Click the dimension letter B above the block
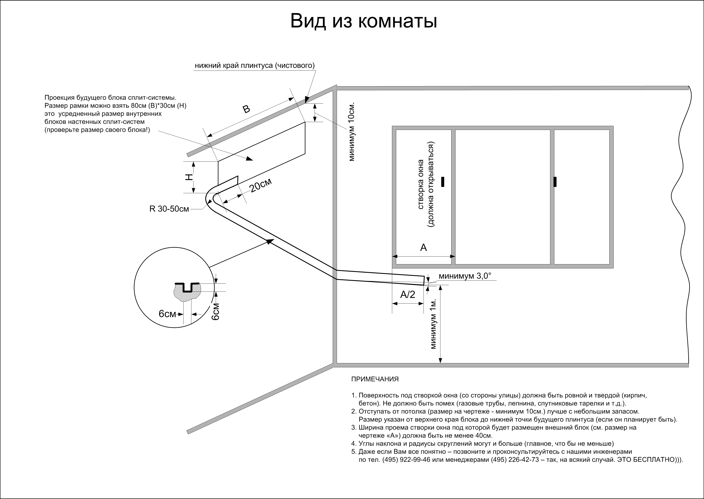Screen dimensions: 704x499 (246, 109)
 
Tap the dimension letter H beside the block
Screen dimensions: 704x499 (189, 177)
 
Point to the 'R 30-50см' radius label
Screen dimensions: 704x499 (169, 209)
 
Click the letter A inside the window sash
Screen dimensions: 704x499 (423, 247)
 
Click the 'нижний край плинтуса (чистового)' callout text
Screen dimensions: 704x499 (255, 66)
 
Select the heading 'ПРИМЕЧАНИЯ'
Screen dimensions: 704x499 (375, 379)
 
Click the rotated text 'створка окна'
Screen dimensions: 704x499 (421, 184)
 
